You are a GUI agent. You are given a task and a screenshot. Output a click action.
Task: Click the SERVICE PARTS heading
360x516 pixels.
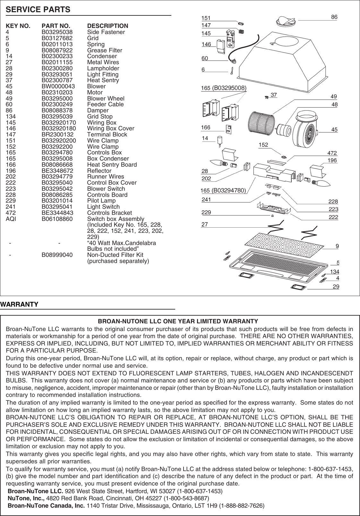coord(38,10)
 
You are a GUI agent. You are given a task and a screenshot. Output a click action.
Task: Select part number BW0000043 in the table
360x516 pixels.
coord(58,86)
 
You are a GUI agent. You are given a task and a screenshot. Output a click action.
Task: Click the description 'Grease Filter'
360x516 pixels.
coord(105,50)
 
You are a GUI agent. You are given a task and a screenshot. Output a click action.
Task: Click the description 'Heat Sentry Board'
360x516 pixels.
coord(112,165)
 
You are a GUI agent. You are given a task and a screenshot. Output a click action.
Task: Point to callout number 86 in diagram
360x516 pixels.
coord(334,17)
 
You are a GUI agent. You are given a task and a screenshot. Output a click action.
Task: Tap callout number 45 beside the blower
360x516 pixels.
coord(334,130)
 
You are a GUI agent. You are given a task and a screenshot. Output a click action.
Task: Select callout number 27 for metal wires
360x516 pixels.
coord(204,225)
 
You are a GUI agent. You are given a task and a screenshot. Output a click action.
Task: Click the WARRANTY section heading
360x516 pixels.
coord(20,304)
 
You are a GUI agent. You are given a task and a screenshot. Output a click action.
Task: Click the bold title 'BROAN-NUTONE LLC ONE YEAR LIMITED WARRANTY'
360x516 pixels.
coord(178,321)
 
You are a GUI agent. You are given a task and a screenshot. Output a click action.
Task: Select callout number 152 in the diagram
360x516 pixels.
coord(263,145)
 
